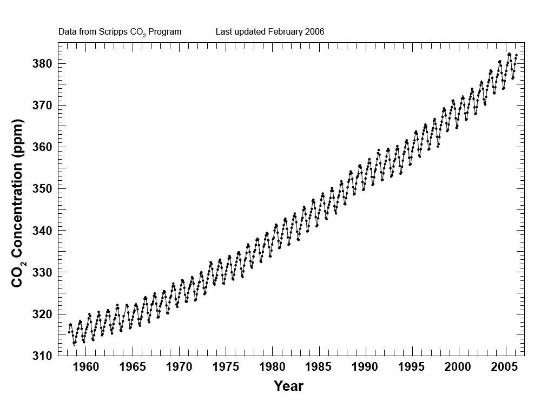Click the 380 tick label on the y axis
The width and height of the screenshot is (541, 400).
[42, 64]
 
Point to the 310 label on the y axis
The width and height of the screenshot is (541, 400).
[42, 356]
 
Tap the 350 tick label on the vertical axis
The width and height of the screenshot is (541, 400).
[42, 189]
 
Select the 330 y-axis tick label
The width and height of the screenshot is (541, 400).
[42, 272]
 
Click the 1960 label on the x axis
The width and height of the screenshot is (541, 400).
[85, 368]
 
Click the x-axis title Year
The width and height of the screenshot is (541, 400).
[288, 386]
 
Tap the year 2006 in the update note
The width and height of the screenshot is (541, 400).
[314, 32]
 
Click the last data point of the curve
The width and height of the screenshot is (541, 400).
[517, 55]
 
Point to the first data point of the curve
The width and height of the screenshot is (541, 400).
[69, 332]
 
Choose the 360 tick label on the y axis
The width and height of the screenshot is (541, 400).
[42, 147]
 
